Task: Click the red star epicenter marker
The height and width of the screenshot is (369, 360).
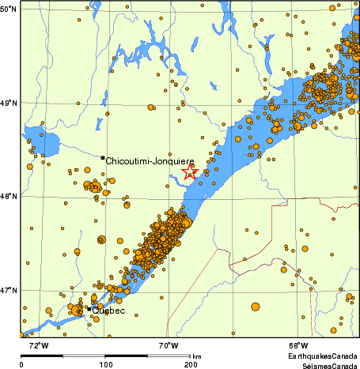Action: click(x=189, y=171)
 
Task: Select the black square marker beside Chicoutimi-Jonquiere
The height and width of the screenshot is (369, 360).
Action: click(x=103, y=158)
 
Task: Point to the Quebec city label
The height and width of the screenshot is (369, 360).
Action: click(x=108, y=311)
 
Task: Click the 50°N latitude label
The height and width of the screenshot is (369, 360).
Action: click(x=9, y=9)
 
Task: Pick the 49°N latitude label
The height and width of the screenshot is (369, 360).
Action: click(x=9, y=103)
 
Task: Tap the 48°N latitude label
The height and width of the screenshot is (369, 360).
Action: click(x=9, y=196)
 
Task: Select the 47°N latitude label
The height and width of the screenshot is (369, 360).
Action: click(x=9, y=290)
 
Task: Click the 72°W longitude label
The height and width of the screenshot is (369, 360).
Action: click(x=38, y=346)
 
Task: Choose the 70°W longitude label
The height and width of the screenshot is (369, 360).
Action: click(x=167, y=346)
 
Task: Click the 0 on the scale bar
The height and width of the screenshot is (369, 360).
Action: click(x=21, y=364)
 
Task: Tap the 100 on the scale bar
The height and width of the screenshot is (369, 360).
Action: click(x=106, y=364)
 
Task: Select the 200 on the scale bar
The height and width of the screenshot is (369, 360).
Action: click(x=190, y=364)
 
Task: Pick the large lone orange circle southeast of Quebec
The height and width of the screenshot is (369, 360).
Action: click(x=256, y=307)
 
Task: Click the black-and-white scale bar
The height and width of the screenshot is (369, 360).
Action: click(x=106, y=356)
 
